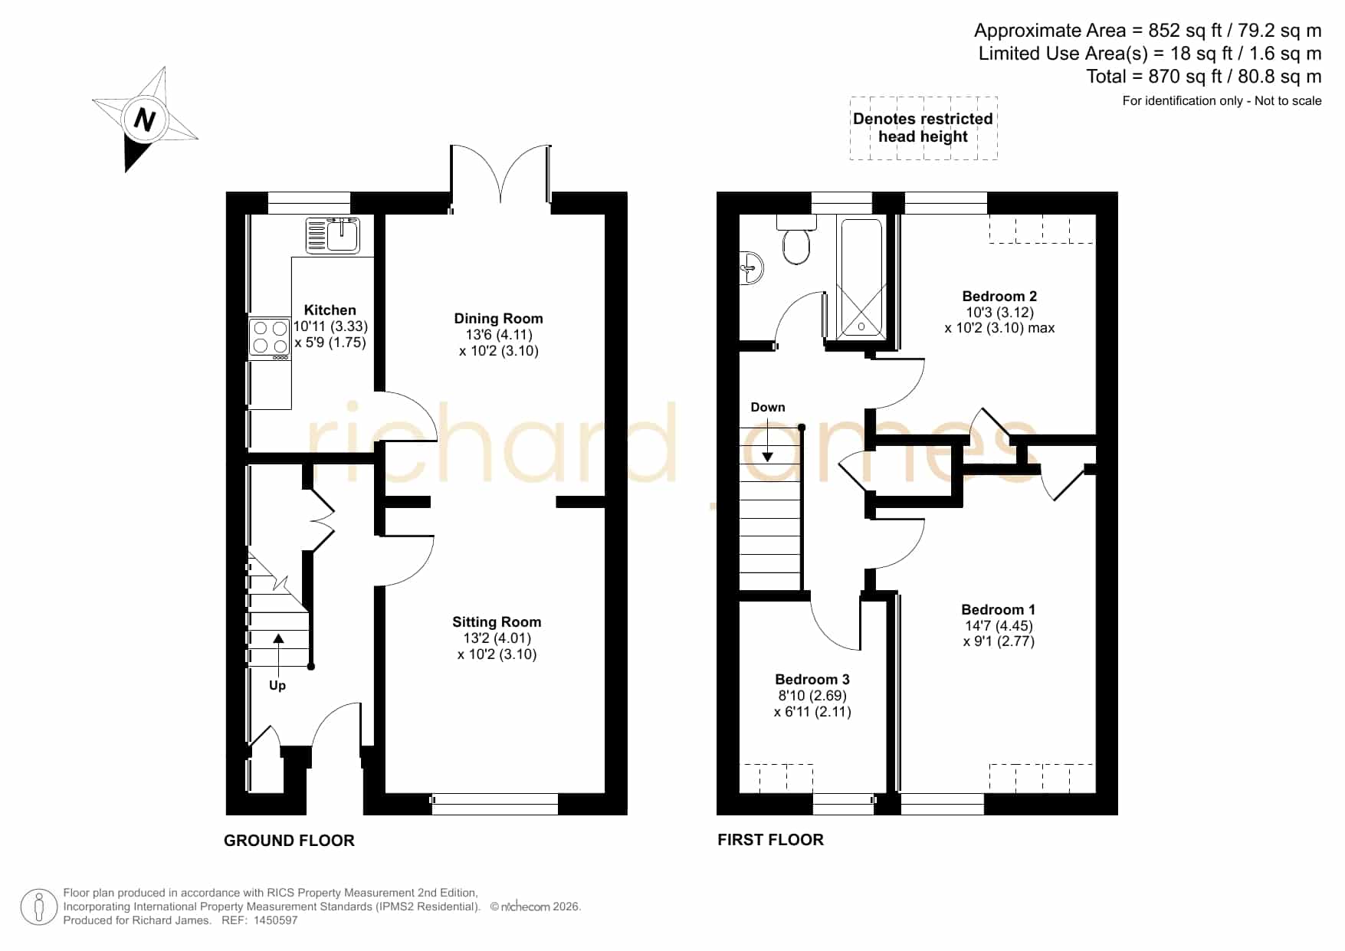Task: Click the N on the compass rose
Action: point(144,120)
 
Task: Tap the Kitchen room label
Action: point(330,310)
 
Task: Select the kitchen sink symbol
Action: point(333,235)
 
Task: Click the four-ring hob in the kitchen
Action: point(270,337)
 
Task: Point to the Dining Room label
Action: point(498,319)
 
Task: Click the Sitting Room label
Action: point(497,622)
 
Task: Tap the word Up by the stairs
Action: point(277,686)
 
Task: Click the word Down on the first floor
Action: point(768,408)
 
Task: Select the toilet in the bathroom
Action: point(796,240)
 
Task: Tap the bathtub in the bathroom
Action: point(862,277)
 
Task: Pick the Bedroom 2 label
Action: point(999,297)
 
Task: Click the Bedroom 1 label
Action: point(999,610)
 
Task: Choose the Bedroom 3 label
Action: point(812,680)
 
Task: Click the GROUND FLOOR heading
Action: point(289,841)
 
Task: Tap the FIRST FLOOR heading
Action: point(770,840)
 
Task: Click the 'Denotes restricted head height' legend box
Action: point(923,128)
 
